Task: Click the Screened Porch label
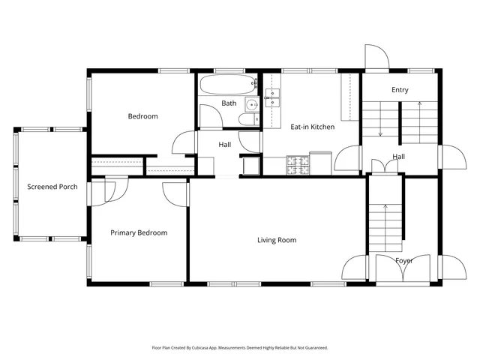click(52, 187)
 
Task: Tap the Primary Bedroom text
click(139, 232)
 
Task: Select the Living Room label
click(277, 240)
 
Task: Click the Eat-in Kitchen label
click(312, 127)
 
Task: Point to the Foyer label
click(403, 260)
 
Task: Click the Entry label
click(400, 90)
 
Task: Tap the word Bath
click(229, 103)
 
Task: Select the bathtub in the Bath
click(229, 83)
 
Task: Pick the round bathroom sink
click(253, 103)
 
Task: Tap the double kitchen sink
click(271, 94)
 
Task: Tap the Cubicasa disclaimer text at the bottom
click(240, 347)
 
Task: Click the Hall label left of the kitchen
click(224, 145)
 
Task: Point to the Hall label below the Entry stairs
click(399, 157)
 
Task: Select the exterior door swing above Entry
click(375, 57)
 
